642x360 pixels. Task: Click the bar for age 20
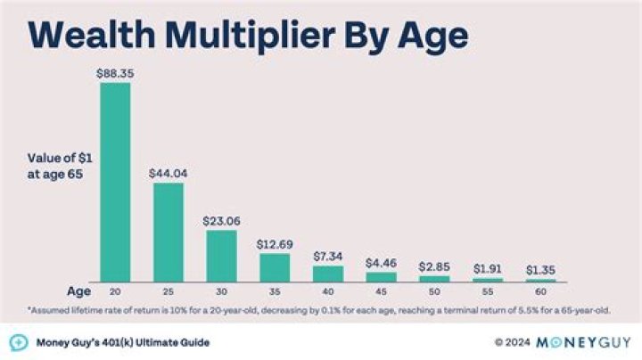[115, 183]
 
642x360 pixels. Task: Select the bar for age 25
[169, 233]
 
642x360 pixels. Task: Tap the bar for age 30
[222, 256]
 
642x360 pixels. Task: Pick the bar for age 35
[275, 267]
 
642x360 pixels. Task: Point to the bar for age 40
[328, 274]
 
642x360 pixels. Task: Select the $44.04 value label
[169, 174]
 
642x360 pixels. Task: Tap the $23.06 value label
[222, 220]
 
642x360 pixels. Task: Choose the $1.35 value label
[540, 270]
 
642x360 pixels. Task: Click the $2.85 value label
[434, 266]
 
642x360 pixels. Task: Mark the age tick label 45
[382, 291]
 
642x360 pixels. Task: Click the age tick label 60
[540, 291]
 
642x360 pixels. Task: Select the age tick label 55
[488, 291]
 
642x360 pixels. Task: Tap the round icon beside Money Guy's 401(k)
[17, 342]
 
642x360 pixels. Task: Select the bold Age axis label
[78, 291]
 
